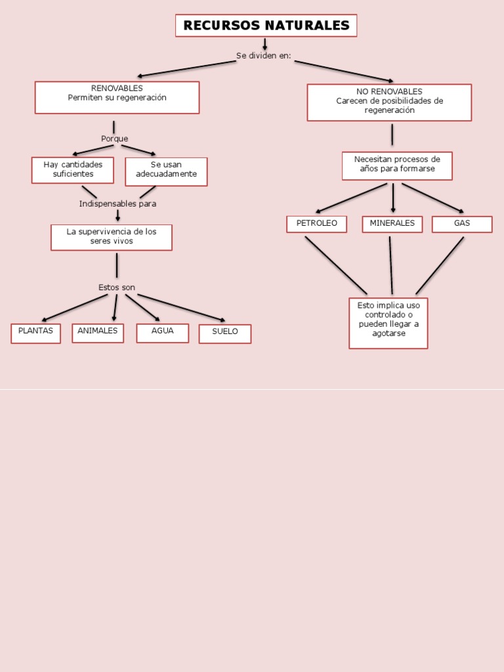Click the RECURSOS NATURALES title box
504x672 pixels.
(266, 26)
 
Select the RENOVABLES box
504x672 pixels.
(117, 97)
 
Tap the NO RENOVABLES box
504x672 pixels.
(389, 102)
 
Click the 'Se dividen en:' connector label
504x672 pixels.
(264, 56)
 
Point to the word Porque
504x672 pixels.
(115, 138)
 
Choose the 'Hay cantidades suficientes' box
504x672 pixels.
(73, 170)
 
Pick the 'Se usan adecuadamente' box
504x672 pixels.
(166, 171)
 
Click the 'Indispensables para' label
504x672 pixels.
(117, 204)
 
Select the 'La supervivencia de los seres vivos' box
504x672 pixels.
(112, 237)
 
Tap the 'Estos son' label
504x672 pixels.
(117, 287)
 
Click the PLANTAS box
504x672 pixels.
(35, 333)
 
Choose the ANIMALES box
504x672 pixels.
(98, 333)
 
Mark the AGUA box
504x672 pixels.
(162, 333)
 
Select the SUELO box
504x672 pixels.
(225, 333)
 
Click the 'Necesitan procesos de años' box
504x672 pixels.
(397, 165)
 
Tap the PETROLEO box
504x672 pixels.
(316, 224)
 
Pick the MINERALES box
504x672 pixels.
(392, 224)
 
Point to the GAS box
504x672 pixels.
(462, 224)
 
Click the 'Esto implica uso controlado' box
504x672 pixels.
(388, 323)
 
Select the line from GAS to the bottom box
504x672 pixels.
(440, 266)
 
